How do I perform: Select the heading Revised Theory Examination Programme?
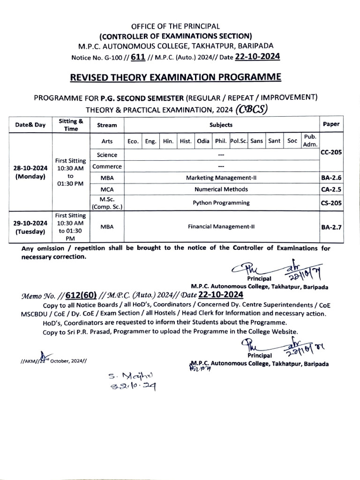point(180,76)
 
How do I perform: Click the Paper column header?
point(331,125)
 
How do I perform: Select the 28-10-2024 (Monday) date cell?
point(30,172)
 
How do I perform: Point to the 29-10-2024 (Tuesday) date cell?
point(30,227)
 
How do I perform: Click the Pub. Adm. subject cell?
point(310,141)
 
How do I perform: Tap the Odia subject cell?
point(203,141)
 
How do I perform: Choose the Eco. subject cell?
point(132,141)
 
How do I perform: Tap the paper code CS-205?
point(331,203)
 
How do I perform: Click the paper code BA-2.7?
point(331,227)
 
